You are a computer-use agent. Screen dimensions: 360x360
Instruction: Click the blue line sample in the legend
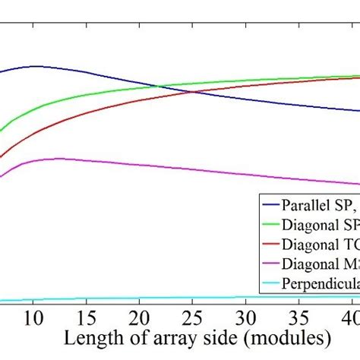coord(270,205)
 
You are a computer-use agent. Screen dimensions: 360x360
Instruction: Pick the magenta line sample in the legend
coord(270,264)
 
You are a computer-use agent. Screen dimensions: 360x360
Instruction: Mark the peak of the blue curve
coord(36,66)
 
